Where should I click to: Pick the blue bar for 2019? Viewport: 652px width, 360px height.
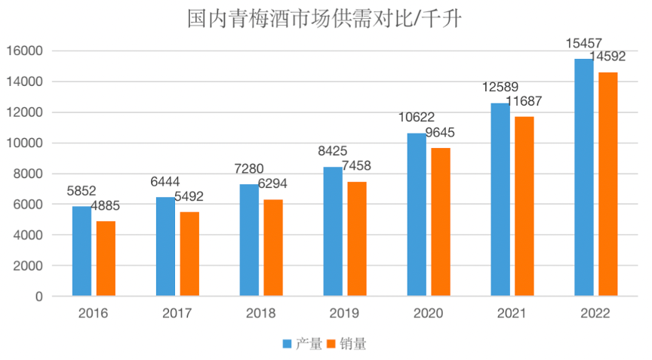click(333, 231)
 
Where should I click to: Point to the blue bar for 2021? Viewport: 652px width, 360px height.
click(500, 199)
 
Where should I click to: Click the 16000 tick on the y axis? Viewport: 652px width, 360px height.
click(26, 51)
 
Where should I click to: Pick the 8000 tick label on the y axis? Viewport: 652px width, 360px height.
click(29, 174)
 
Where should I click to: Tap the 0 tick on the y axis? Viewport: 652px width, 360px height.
click(38, 297)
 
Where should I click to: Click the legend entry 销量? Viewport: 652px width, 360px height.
click(353, 344)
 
